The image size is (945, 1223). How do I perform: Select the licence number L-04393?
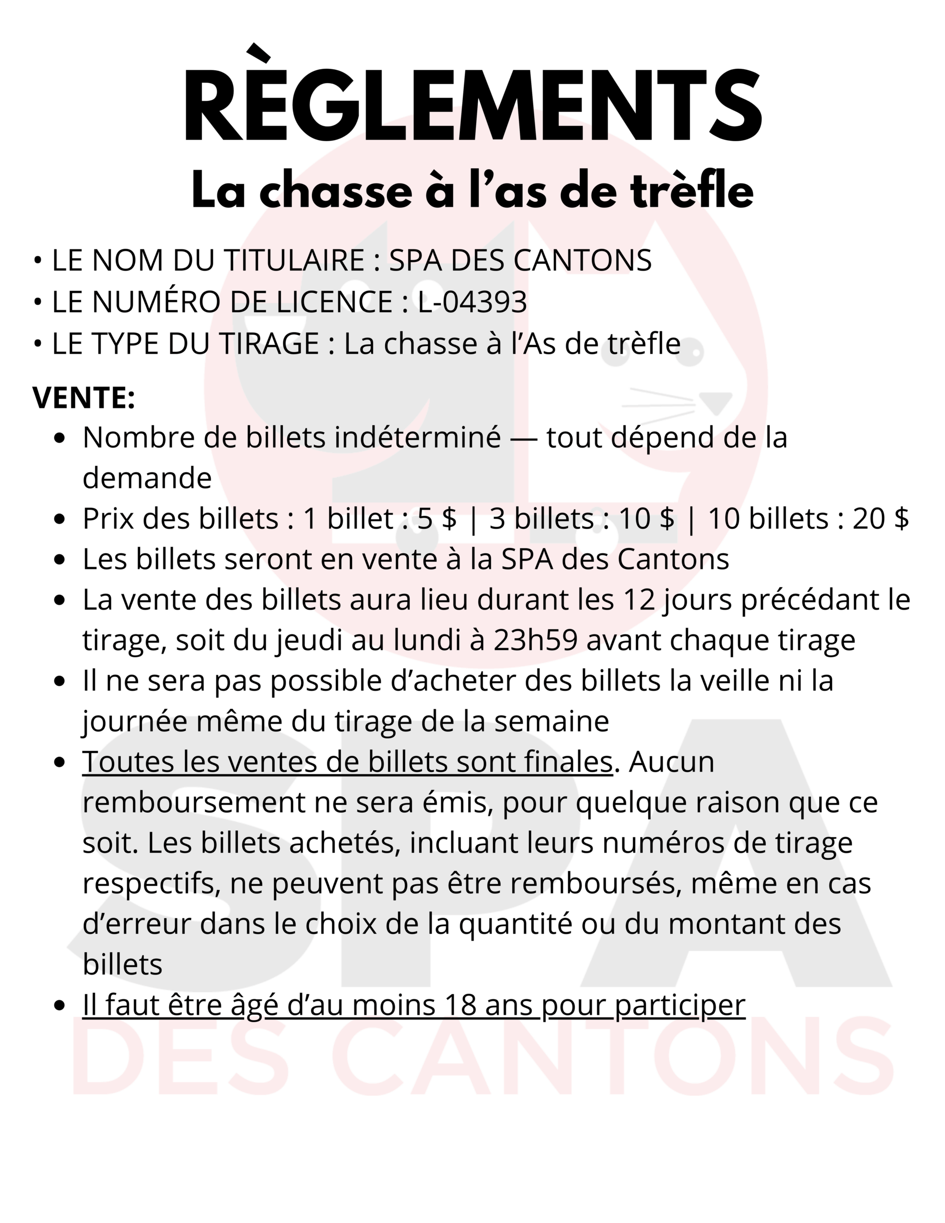click(x=472, y=302)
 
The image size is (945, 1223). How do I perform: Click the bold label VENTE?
click(x=84, y=397)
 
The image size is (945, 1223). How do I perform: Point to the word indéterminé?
click(x=418, y=437)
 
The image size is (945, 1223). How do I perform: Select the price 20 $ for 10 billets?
click(x=880, y=518)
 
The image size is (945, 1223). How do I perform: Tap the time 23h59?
click(x=535, y=640)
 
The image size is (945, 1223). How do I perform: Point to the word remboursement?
click(x=193, y=803)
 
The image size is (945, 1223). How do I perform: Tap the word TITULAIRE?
click(x=294, y=260)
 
